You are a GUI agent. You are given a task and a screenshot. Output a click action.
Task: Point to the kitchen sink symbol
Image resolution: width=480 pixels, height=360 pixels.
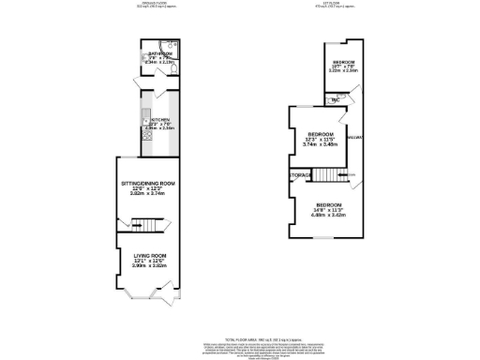[x=146, y=119]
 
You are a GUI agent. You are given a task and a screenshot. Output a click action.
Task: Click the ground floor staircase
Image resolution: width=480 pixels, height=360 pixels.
[x=140, y=224]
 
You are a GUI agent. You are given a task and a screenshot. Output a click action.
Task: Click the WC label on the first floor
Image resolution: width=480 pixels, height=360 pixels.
[x=334, y=99]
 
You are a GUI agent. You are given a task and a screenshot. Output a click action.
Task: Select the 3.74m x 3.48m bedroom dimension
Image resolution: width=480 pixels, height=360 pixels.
[x=319, y=144]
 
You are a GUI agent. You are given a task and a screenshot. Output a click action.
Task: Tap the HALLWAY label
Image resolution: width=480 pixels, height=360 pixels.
[x=354, y=138]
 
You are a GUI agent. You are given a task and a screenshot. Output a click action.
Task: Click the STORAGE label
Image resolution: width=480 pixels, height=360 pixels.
[x=300, y=174]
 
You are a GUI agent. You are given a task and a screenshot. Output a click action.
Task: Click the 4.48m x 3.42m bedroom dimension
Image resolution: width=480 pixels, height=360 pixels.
[x=329, y=215]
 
